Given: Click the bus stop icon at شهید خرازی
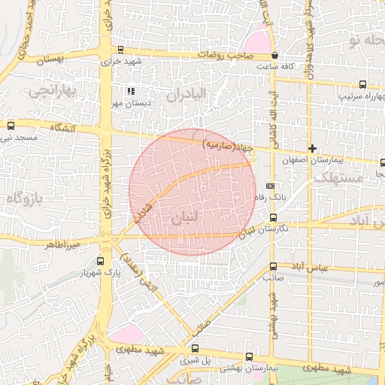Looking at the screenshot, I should pos(120,49).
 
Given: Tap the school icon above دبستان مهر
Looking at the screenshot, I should pos(131,91).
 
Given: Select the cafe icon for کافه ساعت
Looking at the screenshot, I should pos(275,56).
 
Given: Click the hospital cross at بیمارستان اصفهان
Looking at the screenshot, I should pos(312,148).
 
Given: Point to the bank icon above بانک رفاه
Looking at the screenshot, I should pos(271,186).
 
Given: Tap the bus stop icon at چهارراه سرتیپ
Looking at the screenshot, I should pos(362,85).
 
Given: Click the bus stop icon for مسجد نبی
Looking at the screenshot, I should pos(10,126).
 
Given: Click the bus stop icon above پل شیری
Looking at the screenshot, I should pos(196,348).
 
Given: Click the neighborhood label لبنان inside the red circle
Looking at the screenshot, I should pos(186,218).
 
